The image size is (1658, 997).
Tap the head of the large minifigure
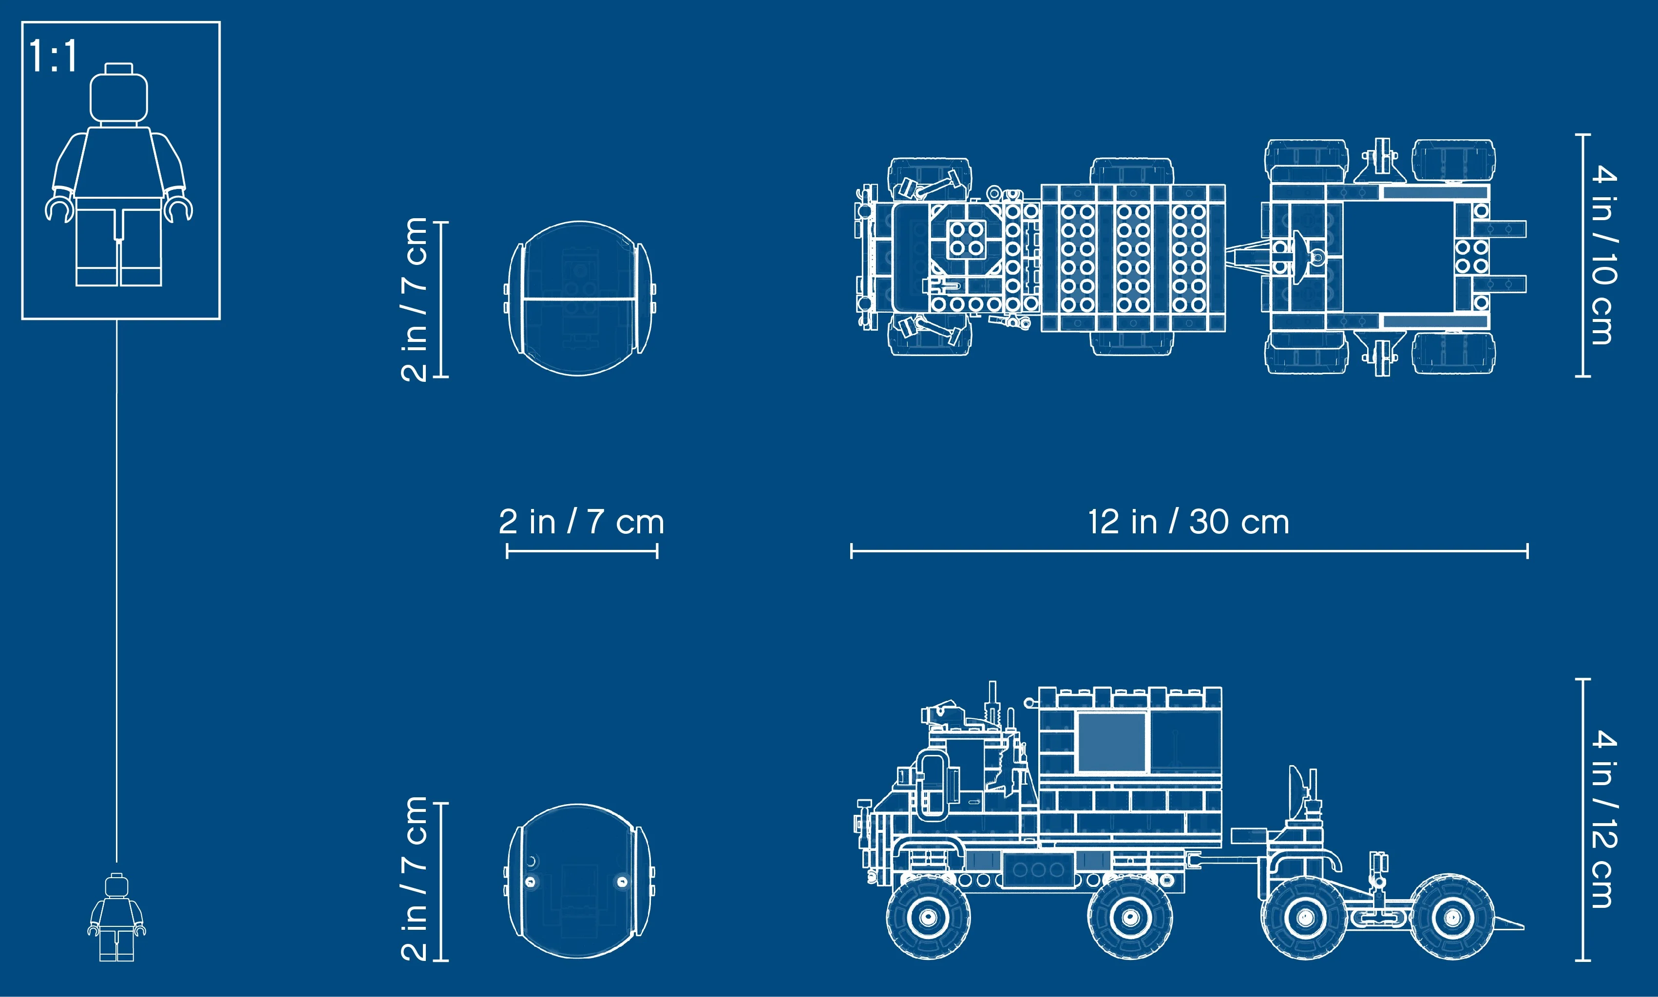point(119,94)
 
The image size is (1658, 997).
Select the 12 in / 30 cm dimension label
point(1188,522)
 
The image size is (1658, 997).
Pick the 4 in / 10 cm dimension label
point(1604,255)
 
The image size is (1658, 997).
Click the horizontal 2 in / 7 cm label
point(581,522)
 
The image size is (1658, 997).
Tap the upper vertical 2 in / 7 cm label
point(414,300)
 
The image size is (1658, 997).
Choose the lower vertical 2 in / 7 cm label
point(414,878)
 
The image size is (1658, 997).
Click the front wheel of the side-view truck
point(928,916)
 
